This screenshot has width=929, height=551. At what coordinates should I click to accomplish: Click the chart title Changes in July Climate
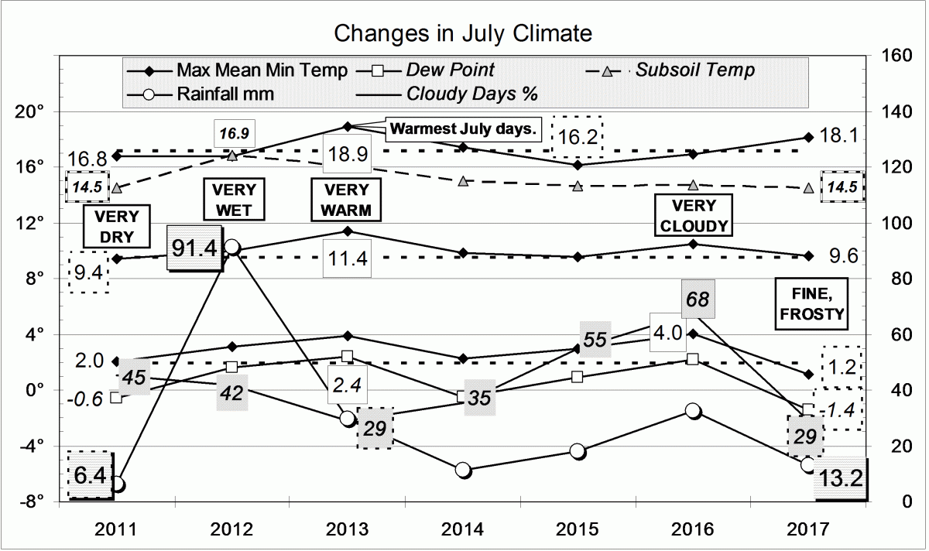[463, 34]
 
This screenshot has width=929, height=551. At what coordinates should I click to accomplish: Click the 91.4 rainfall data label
[195, 248]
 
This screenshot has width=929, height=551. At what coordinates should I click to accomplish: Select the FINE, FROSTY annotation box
[811, 303]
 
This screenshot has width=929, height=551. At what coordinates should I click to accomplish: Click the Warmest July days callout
[463, 128]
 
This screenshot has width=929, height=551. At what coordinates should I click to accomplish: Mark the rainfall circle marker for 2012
[231, 247]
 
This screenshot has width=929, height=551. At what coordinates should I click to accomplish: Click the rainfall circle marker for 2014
[463, 470]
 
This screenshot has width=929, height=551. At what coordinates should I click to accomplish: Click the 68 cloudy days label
[698, 299]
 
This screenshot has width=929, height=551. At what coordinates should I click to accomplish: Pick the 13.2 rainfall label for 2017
[840, 479]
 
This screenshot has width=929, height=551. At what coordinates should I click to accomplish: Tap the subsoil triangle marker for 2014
[463, 181]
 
